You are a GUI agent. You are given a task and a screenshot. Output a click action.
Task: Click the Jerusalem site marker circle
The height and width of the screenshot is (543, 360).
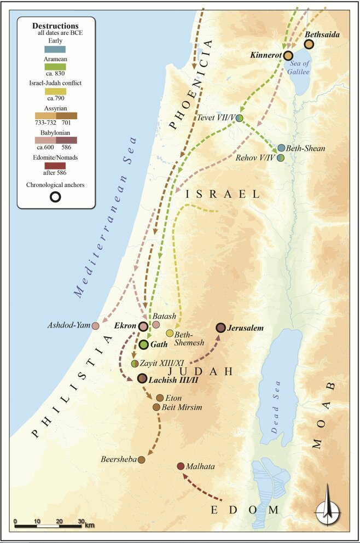click(220, 328)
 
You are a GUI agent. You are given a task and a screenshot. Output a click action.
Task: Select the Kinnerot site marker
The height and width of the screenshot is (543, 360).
click(288, 55)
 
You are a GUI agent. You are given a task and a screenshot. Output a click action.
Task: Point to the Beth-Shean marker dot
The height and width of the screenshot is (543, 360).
click(281, 148)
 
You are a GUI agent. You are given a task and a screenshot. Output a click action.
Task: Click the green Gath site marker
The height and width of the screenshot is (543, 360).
click(143, 345)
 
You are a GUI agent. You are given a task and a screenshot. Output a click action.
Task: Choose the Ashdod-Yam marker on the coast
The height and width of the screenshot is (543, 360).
click(95, 326)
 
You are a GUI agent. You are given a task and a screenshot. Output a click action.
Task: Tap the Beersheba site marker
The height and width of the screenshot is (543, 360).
click(141, 460)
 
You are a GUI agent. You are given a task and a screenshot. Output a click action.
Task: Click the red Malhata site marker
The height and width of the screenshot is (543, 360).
click(181, 466)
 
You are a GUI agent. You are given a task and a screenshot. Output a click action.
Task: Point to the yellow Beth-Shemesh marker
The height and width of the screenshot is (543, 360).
click(170, 333)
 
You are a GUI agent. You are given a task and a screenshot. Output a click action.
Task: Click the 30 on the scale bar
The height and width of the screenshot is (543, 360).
click(80, 520)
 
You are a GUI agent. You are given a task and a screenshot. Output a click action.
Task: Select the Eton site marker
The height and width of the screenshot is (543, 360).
click(160, 398)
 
